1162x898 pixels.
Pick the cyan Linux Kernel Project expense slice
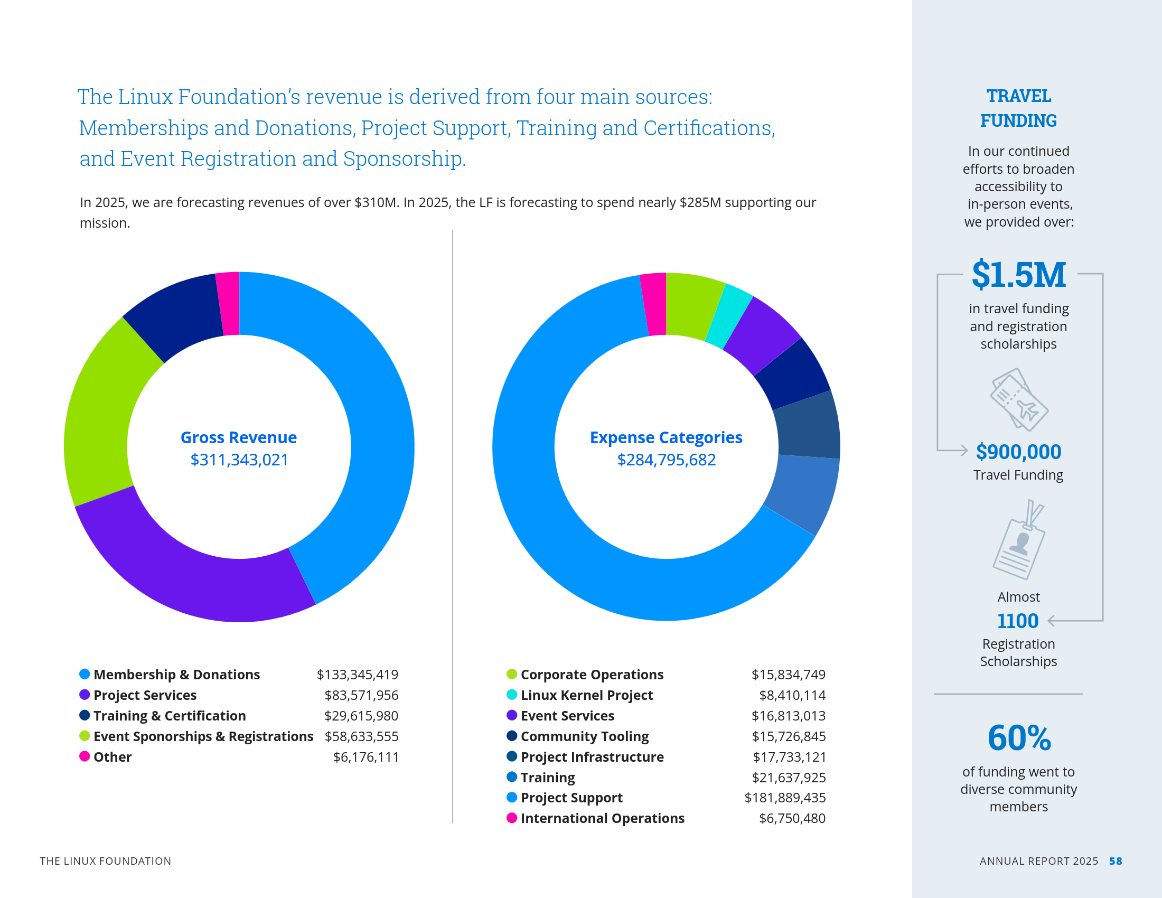[x=730, y=315]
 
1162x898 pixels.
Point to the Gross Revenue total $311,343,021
[x=239, y=460]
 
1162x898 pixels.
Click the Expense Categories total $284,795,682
[x=666, y=460]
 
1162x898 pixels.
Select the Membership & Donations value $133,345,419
[x=357, y=675]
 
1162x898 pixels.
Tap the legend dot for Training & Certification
[x=85, y=716]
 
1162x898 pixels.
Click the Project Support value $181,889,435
[x=785, y=798]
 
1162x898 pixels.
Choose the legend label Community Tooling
[x=584, y=736]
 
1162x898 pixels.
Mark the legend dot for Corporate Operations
[x=512, y=675]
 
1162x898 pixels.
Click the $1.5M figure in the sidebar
[x=1018, y=275]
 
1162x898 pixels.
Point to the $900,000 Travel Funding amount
[x=1018, y=452]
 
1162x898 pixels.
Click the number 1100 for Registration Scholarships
[x=1017, y=621]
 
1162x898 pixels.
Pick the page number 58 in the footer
[x=1116, y=862]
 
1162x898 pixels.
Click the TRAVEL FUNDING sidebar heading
[x=1018, y=108]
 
